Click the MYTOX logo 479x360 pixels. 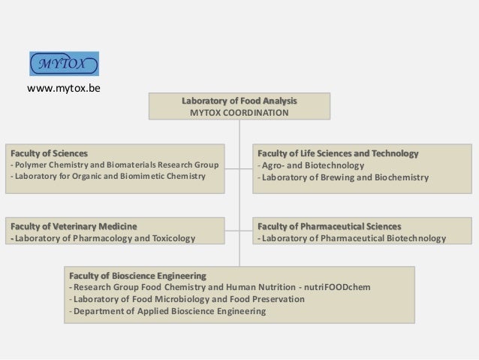pyautogui.click(x=64, y=63)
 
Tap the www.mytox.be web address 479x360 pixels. pyautogui.click(x=64, y=89)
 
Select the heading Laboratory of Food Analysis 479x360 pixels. pyautogui.click(x=239, y=101)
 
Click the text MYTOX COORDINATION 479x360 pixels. pyautogui.click(x=239, y=113)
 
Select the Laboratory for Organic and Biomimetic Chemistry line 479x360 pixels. pyautogui.click(x=107, y=177)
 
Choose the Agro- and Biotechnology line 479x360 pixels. pyautogui.click(x=311, y=165)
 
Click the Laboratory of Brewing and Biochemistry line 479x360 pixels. pyautogui.click(x=343, y=178)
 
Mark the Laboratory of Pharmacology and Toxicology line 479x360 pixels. pyautogui.click(x=102, y=239)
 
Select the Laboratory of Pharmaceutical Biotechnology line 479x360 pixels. pyautogui.click(x=351, y=239)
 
